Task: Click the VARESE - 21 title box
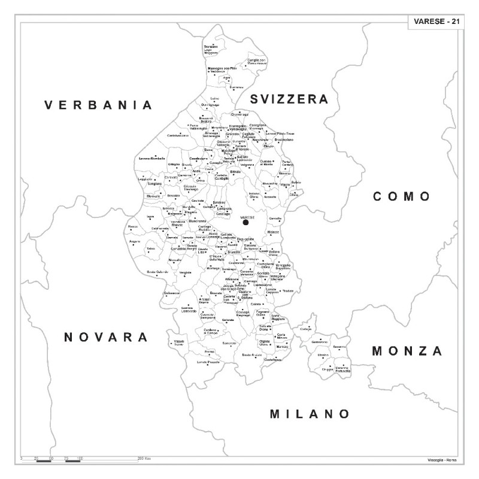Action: tap(436, 22)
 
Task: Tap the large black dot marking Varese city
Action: tap(245, 222)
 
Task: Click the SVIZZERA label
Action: tap(289, 98)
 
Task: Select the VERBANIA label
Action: tap(99, 105)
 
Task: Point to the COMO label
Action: tap(402, 196)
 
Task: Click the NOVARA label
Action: tap(106, 337)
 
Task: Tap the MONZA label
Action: tap(407, 351)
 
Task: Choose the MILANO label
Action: tap(309, 414)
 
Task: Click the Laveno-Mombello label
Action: tap(151, 158)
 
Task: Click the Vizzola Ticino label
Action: tap(178, 342)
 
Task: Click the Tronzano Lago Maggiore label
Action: tap(211, 50)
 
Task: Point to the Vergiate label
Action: tap(186, 272)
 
